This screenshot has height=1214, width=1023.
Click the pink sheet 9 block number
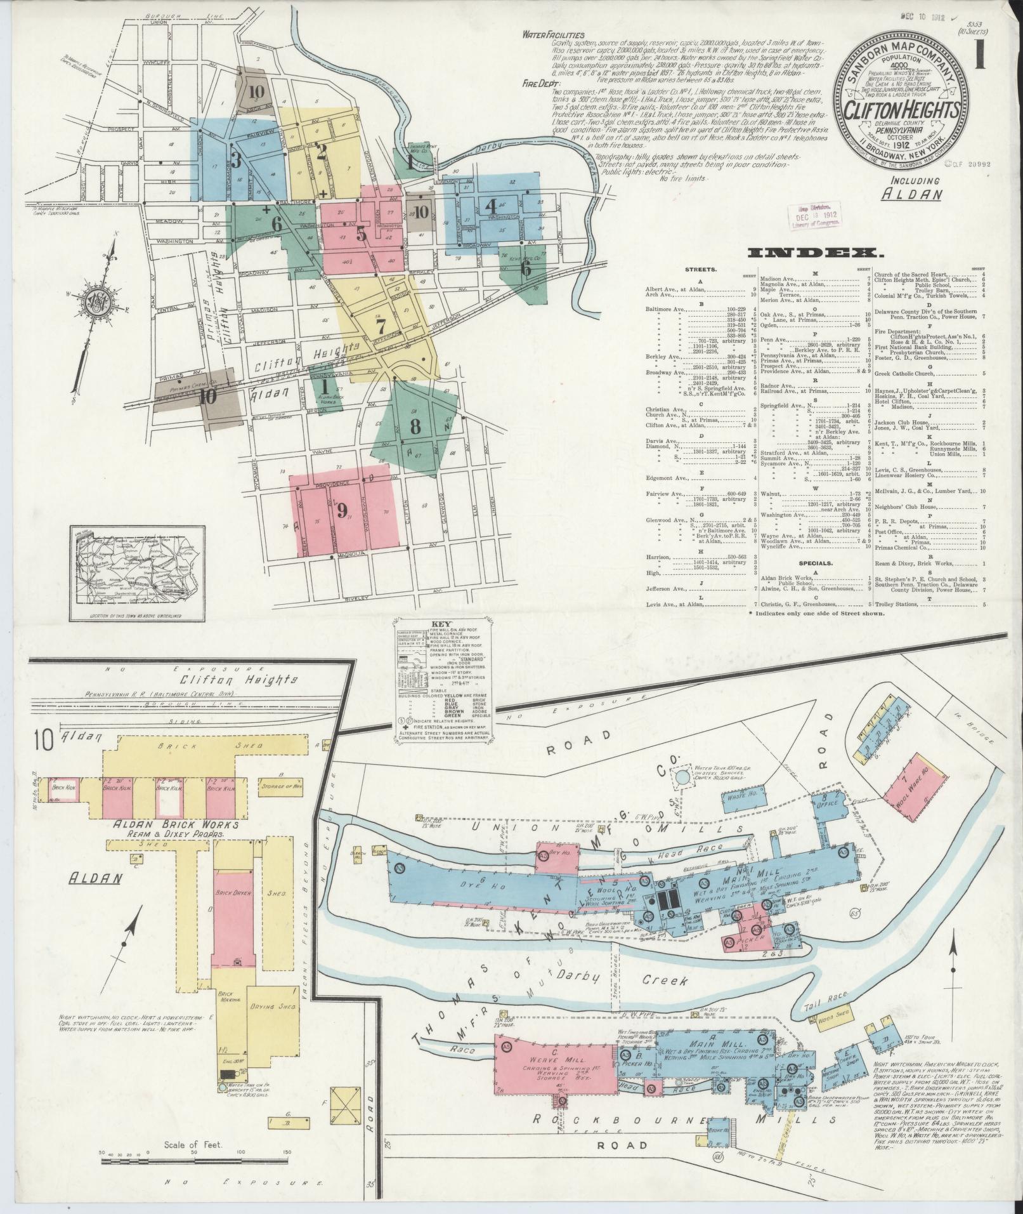coord(343,509)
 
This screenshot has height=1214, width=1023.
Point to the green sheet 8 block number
coord(415,426)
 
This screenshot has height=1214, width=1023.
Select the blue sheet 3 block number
coord(236,161)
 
